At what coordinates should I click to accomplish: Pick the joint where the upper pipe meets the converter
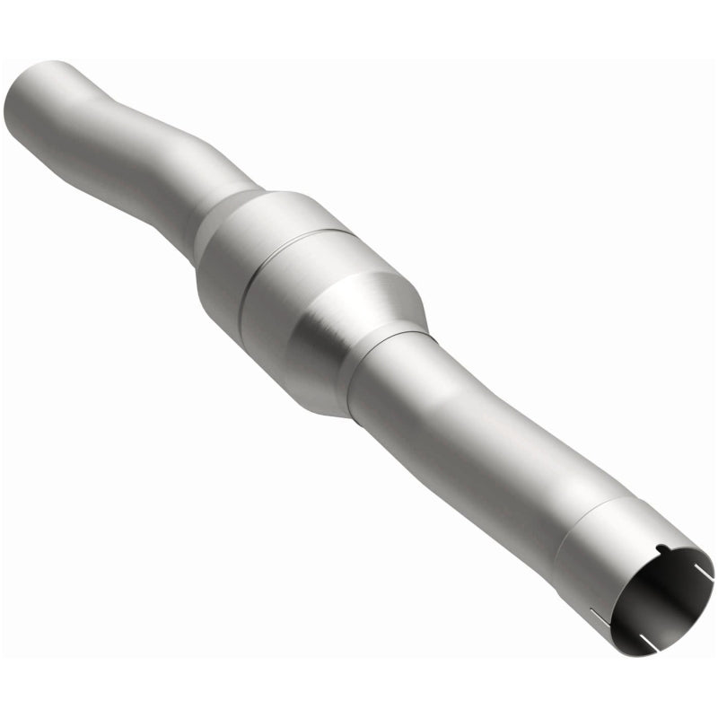pyautogui.click(x=224, y=202)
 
